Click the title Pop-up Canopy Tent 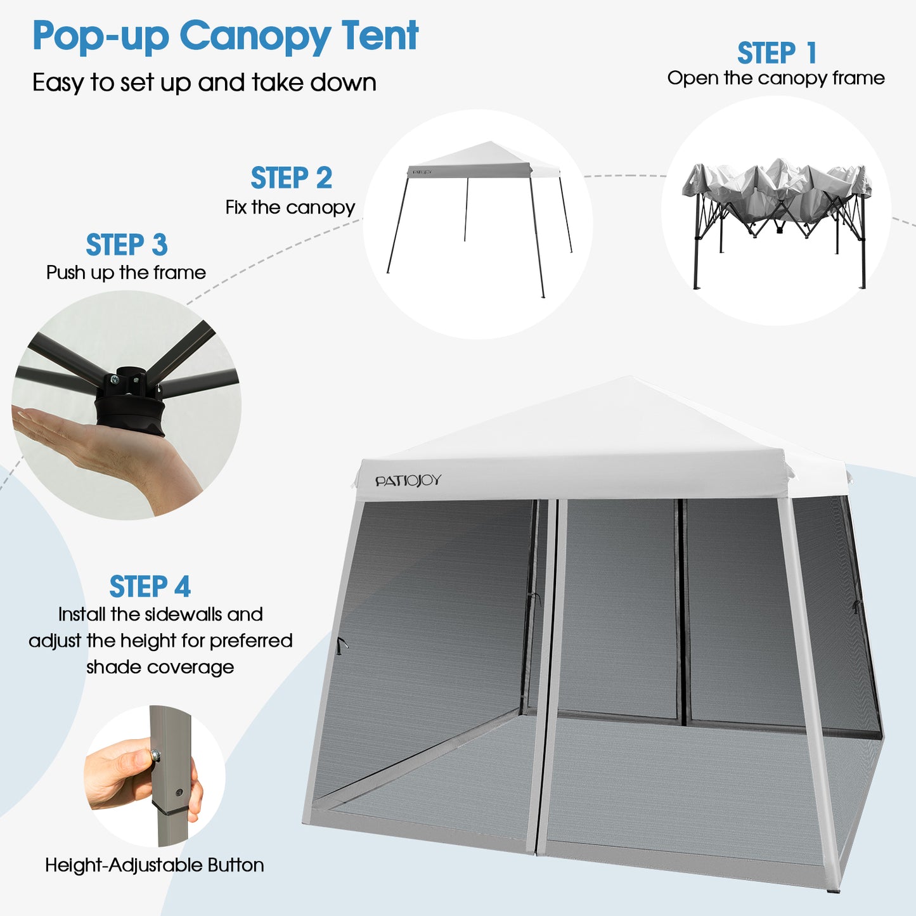[225, 36]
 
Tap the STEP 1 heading [777, 53]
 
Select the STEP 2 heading [291, 178]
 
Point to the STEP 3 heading [126, 245]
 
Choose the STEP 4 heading [150, 587]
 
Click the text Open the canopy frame [776, 79]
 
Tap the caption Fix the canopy [290, 208]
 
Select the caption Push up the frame [126, 273]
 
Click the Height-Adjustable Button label [154, 865]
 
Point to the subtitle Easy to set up [204, 83]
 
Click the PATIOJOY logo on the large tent [408, 481]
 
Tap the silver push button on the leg [155, 755]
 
